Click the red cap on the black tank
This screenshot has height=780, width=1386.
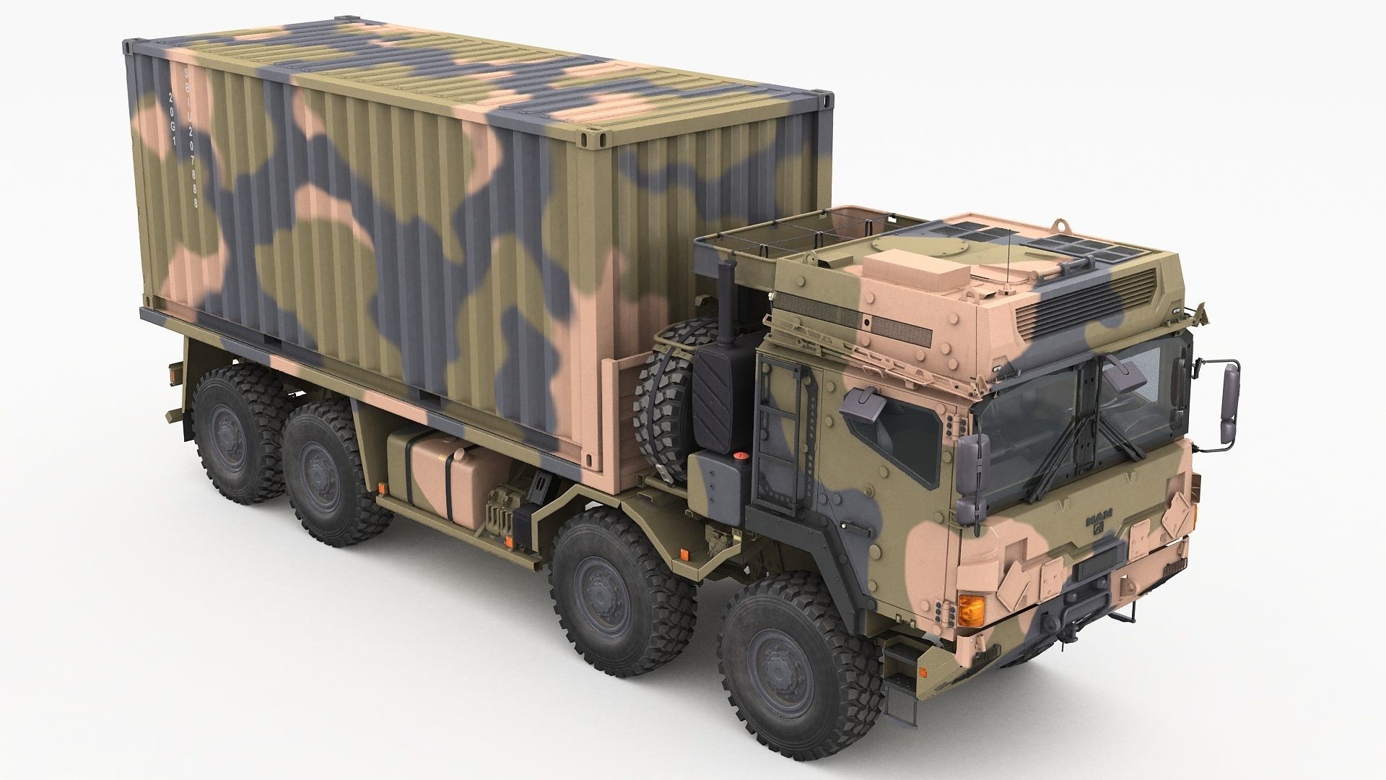point(739,456)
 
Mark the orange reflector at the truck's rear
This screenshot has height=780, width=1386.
point(173,374)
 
